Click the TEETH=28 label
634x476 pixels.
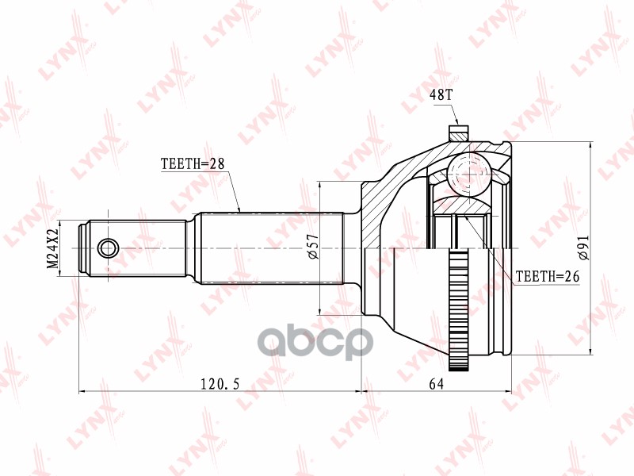point(193,164)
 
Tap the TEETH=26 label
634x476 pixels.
point(548,277)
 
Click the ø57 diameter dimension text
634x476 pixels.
point(312,248)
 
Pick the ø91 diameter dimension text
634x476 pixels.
point(584,248)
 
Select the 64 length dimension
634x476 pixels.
point(435,384)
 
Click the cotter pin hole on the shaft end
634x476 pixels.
point(108,248)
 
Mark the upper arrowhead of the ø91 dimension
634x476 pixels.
point(592,146)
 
